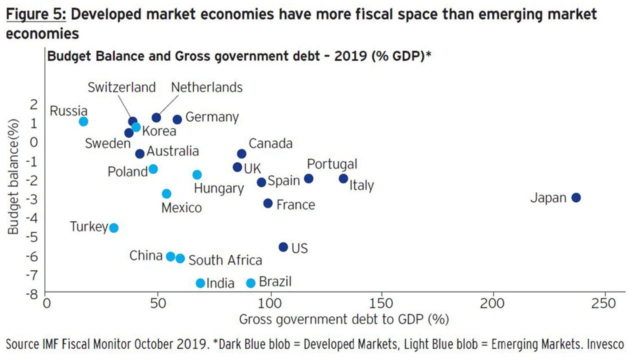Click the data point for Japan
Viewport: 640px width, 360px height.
coord(576,197)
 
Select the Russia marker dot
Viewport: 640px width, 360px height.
coord(83,121)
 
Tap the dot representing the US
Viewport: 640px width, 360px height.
coord(283,247)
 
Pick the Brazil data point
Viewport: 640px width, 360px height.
coord(251,283)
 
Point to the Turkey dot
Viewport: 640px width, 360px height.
coord(113,228)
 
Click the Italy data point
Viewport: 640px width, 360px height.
coord(343,179)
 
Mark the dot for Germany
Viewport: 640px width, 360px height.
coord(177,119)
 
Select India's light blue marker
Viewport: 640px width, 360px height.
coord(200,283)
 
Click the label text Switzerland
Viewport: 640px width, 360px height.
coord(122,87)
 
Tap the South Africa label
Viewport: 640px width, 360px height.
coord(225,260)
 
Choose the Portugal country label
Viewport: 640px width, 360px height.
coord(332,164)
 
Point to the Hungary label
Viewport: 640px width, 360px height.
coord(218,188)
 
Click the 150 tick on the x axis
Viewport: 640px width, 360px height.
coord(382,303)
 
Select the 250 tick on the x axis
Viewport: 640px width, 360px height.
coord(605,303)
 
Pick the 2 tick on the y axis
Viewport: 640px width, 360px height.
coord(33,104)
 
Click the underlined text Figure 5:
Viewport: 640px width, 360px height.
coord(35,14)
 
